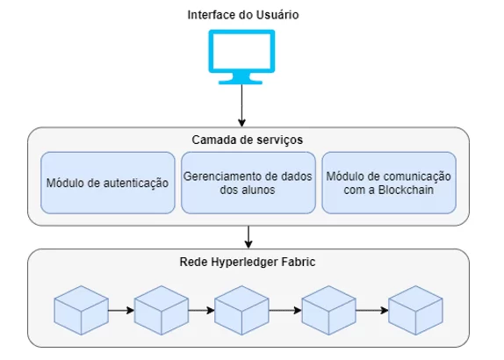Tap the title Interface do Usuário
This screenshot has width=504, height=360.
pyautogui.click(x=243, y=15)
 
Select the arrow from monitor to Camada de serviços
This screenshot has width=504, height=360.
pyautogui.click(x=241, y=105)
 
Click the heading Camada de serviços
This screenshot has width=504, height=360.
pyautogui.click(x=248, y=140)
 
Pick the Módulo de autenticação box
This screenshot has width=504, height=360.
pyautogui.click(x=108, y=183)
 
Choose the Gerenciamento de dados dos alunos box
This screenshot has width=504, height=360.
pyautogui.click(x=248, y=183)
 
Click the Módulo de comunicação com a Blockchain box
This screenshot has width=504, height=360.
pyautogui.click(x=389, y=183)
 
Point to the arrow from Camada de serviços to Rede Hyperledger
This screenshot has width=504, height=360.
pyautogui.click(x=248, y=237)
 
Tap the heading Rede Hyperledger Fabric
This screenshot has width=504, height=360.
pyautogui.click(x=248, y=262)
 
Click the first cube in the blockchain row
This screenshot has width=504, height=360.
pyautogui.click(x=81, y=310)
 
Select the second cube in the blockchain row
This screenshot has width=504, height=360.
pyautogui.click(x=161, y=310)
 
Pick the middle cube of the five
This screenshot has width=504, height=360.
pyautogui.click(x=241, y=310)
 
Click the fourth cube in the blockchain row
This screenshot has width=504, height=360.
pyautogui.click(x=328, y=310)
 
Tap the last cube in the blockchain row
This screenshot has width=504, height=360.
pyautogui.click(x=415, y=310)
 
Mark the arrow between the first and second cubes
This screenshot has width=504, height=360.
pyautogui.click(x=121, y=310)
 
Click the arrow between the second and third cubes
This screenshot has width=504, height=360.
pyautogui.click(x=202, y=310)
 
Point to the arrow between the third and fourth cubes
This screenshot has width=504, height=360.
pyautogui.click(x=285, y=310)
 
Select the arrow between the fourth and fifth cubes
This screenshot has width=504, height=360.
pyautogui.click(x=372, y=310)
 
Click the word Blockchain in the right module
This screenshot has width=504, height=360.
pyautogui.click(x=406, y=190)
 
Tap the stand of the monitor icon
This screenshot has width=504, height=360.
pyautogui.click(x=241, y=79)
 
